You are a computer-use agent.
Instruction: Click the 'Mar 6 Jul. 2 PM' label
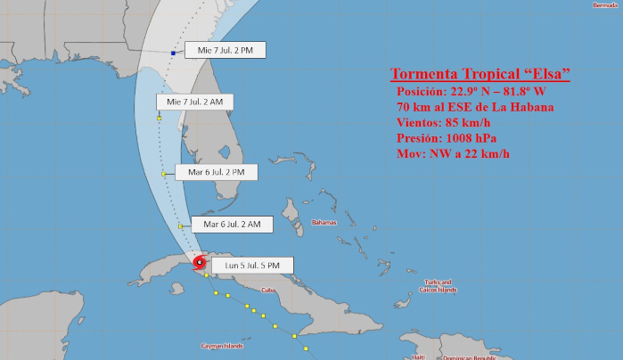[x=204, y=171]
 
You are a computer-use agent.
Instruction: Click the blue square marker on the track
[x=173, y=53]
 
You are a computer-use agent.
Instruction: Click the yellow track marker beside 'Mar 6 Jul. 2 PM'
[x=164, y=174]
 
